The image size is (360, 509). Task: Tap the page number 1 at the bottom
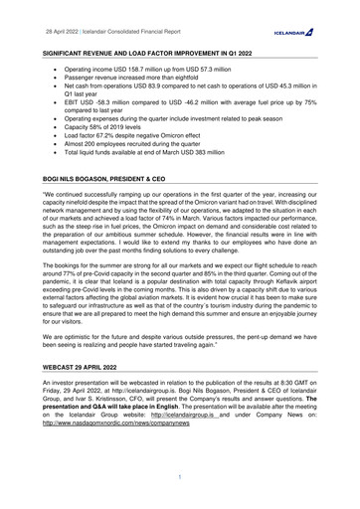pos(180,478)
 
